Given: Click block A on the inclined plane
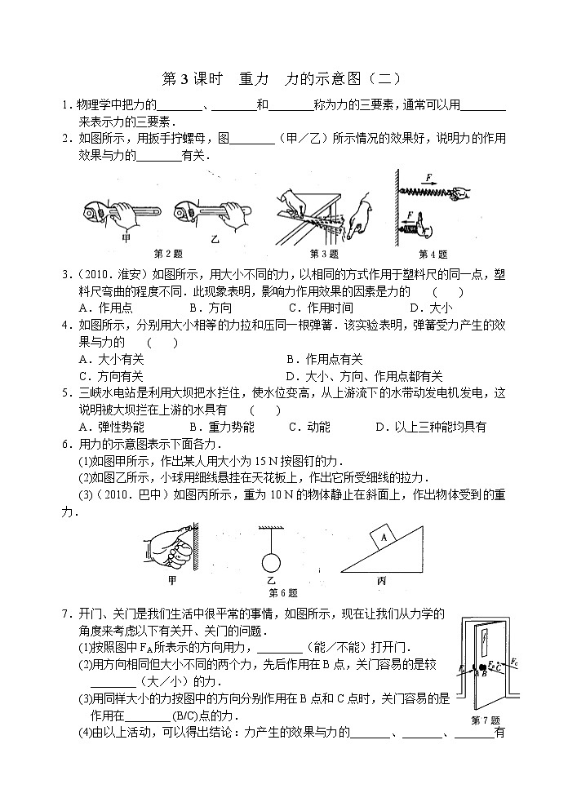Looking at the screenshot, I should (x=379, y=536).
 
